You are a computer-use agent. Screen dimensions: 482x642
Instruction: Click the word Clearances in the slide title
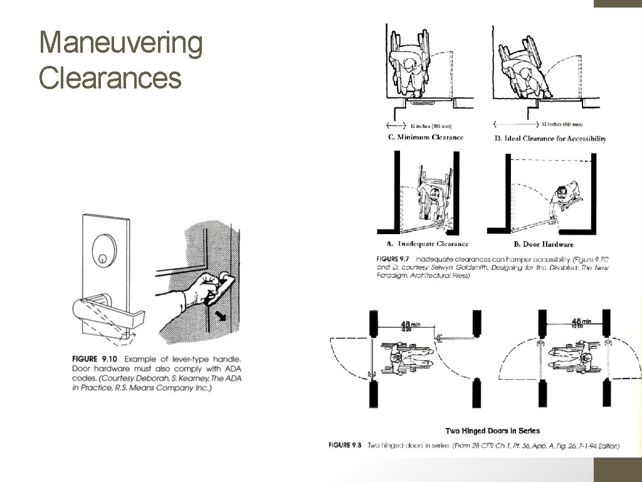(110, 78)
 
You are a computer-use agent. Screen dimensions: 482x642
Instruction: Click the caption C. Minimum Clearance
(426, 137)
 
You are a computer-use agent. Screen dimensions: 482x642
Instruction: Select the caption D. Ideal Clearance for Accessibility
(550, 138)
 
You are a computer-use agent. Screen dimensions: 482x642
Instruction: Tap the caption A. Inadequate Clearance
(423, 244)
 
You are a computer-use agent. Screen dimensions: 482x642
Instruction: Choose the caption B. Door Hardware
(539, 244)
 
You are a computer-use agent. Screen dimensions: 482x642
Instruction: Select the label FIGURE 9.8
(345, 446)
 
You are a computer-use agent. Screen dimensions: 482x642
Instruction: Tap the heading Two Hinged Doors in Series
(492, 431)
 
